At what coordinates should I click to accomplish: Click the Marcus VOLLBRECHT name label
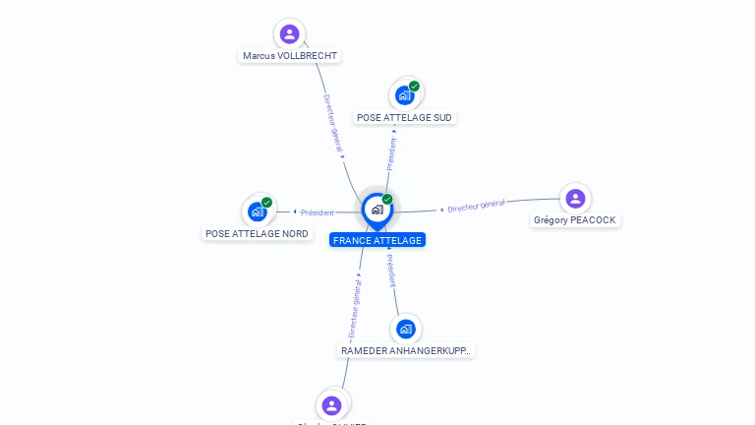[x=291, y=56]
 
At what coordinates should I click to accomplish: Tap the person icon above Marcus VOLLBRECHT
[x=289, y=34]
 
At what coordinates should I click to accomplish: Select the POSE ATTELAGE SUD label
[x=405, y=117]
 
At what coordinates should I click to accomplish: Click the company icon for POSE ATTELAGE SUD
[x=404, y=95]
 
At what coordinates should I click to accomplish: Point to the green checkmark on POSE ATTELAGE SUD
[x=415, y=87]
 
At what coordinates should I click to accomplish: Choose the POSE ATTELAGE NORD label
[x=257, y=234]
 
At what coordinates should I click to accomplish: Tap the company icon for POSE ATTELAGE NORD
[x=258, y=212]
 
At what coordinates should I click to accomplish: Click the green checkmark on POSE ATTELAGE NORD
[x=267, y=203]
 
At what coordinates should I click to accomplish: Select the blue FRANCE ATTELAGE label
[x=377, y=240]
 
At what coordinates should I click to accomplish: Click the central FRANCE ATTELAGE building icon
[x=377, y=209]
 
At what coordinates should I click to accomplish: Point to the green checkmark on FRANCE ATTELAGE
[x=387, y=200]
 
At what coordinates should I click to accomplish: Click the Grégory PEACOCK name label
[x=575, y=220]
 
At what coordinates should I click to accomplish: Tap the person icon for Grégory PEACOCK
[x=575, y=199]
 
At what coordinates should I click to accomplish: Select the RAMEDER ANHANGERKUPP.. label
[x=406, y=350]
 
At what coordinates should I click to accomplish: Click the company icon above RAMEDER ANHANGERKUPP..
[x=405, y=329]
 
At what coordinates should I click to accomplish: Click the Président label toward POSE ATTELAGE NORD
[x=318, y=212]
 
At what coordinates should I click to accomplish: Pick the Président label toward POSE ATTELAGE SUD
[x=391, y=153]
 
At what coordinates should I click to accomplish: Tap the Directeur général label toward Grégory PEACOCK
[x=476, y=206]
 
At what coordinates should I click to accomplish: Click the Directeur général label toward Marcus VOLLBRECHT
[x=332, y=123]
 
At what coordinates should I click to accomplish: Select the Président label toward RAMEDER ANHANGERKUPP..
[x=390, y=271]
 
